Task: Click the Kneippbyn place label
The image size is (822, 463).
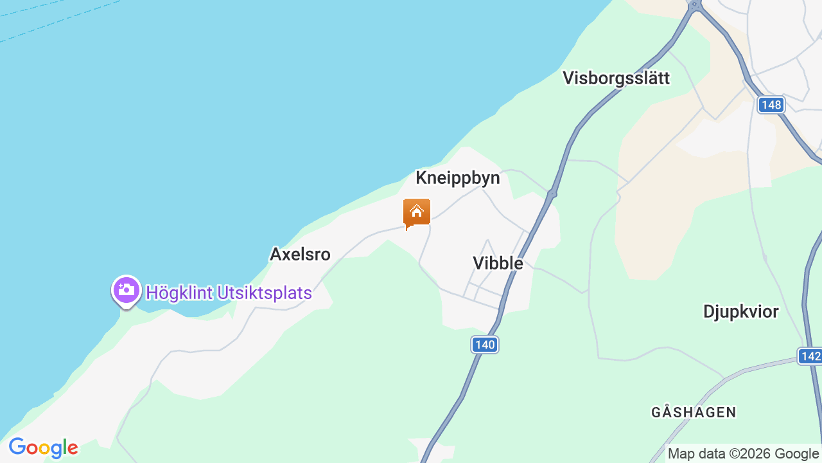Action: pyautogui.click(x=457, y=178)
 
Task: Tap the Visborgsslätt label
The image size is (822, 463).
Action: pyautogui.click(x=616, y=78)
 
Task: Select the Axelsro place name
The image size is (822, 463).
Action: pyautogui.click(x=300, y=255)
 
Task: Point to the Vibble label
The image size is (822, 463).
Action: pyautogui.click(x=498, y=263)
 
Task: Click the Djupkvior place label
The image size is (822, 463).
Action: pyautogui.click(x=740, y=312)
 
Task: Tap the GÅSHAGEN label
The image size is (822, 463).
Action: pyautogui.click(x=694, y=412)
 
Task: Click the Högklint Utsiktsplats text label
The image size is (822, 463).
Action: pyautogui.click(x=229, y=293)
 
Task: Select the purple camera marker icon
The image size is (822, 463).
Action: pyautogui.click(x=127, y=291)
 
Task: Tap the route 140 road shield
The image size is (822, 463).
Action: pyautogui.click(x=485, y=345)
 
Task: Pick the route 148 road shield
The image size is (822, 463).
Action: pyautogui.click(x=771, y=105)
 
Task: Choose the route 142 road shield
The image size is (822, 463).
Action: pyautogui.click(x=810, y=356)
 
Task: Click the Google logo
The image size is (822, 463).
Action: pyautogui.click(x=43, y=448)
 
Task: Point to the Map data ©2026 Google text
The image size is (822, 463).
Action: pyautogui.click(x=743, y=454)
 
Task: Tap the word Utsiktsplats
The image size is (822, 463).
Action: pyautogui.click(x=265, y=293)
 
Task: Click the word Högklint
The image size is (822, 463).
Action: pyautogui.click(x=179, y=293)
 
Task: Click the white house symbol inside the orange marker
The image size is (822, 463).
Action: pyautogui.click(x=417, y=211)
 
